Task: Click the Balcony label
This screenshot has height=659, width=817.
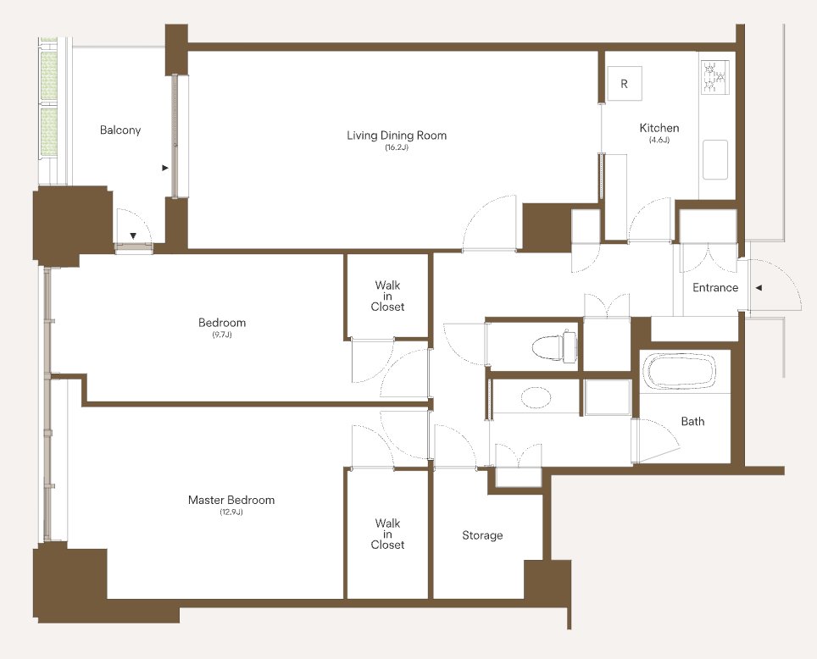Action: (x=120, y=130)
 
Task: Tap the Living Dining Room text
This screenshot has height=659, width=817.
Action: (x=397, y=136)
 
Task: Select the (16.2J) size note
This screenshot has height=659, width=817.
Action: (x=397, y=147)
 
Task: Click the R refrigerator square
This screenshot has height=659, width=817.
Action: (x=625, y=83)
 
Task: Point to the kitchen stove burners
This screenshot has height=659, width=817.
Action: (x=715, y=78)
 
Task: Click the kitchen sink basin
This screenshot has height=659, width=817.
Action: (x=715, y=159)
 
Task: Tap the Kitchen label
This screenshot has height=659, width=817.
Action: (x=659, y=128)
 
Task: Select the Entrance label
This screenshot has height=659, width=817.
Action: (x=715, y=287)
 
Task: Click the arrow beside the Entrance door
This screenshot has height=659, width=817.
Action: (x=759, y=287)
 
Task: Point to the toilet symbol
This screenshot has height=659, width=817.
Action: (x=555, y=346)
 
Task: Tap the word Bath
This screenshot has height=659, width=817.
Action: (x=692, y=421)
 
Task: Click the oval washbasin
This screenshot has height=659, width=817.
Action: (x=536, y=397)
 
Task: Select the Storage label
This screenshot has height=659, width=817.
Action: (x=482, y=535)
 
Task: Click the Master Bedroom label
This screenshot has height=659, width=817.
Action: (x=231, y=500)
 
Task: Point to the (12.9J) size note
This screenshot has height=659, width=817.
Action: (x=231, y=512)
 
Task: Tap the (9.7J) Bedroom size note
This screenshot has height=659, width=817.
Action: (x=222, y=335)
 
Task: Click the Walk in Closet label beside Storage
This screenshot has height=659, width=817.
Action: (x=387, y=534)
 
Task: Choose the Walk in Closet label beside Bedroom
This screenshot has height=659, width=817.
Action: (x=387, y=296)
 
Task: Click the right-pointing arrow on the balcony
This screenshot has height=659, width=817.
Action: (x=165, y=168)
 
